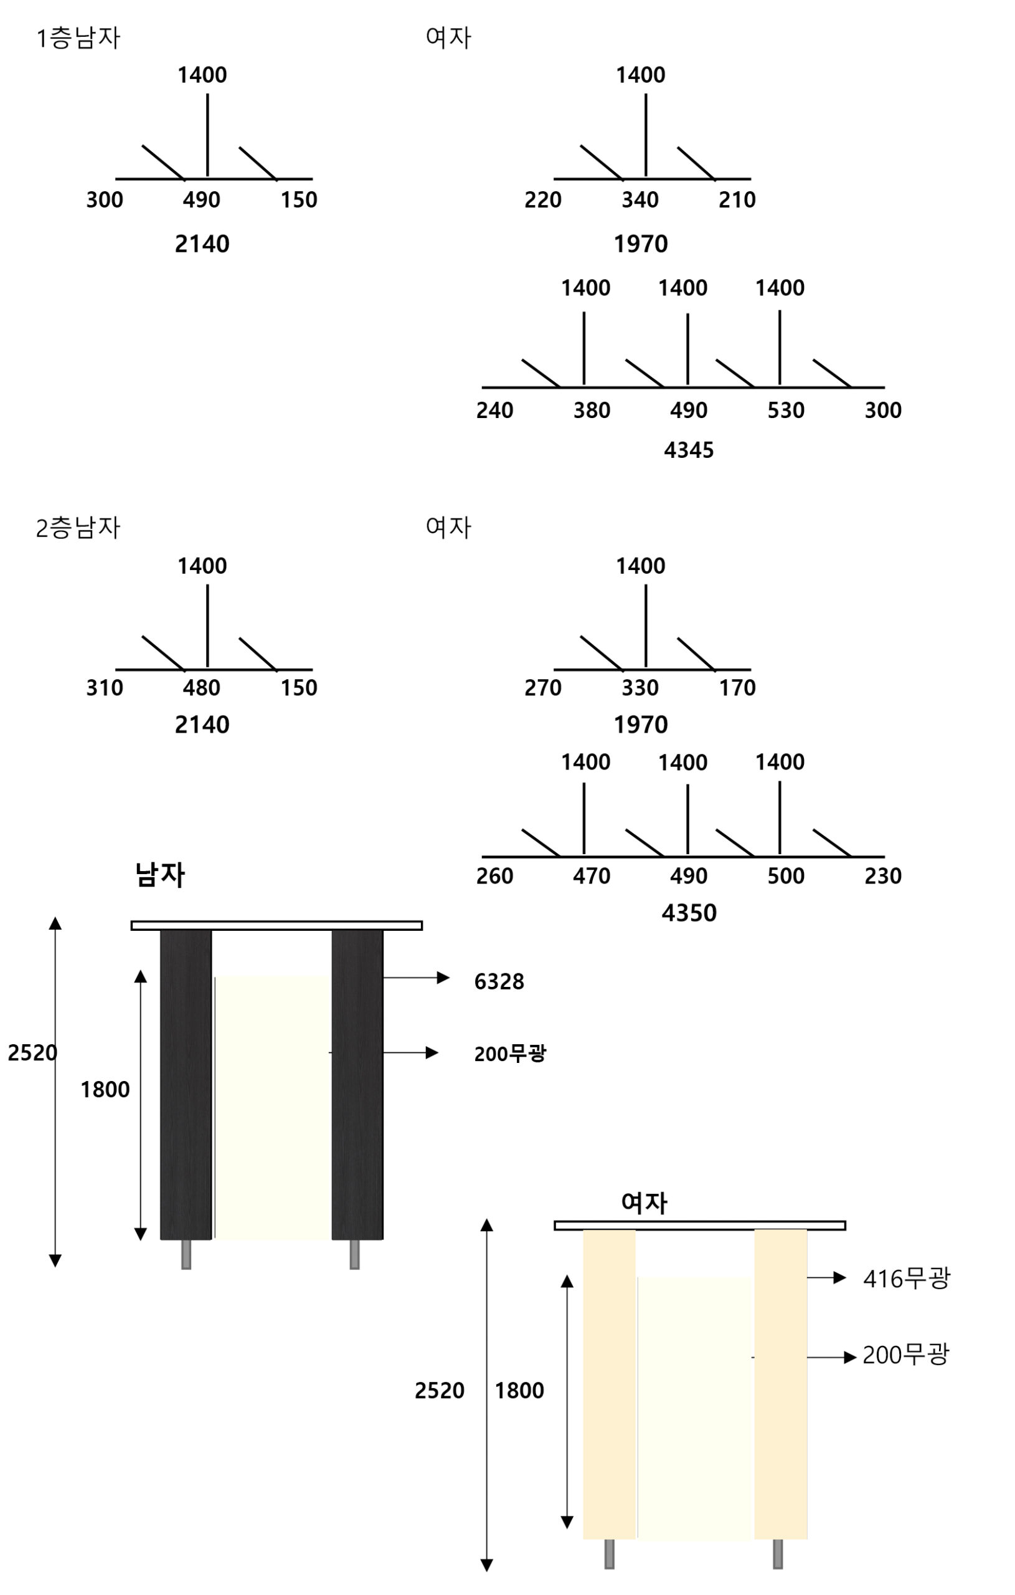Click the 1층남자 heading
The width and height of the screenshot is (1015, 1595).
point(78,38)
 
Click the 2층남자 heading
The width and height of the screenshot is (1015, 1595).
point(78,528)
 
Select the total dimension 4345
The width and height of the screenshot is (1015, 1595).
point(689,450)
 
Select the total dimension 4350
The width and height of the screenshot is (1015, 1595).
point(689,913)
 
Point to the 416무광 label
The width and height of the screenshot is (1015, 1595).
point(906,1278)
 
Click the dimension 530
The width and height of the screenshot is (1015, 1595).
point(785,411)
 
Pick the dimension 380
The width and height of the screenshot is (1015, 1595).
point(592,411)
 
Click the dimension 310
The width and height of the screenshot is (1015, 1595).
point(105,688)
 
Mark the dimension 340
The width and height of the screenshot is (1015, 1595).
point(640,200)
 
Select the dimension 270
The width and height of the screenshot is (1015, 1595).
point(543,688)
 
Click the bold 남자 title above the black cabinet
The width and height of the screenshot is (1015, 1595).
point(159,874)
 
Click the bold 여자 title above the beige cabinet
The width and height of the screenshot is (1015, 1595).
point(644,1202)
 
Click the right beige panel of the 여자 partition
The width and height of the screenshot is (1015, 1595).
point(780,1384)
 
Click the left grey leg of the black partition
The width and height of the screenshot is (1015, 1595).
point(186,1254)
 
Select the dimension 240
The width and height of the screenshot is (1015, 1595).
point(494,411)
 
